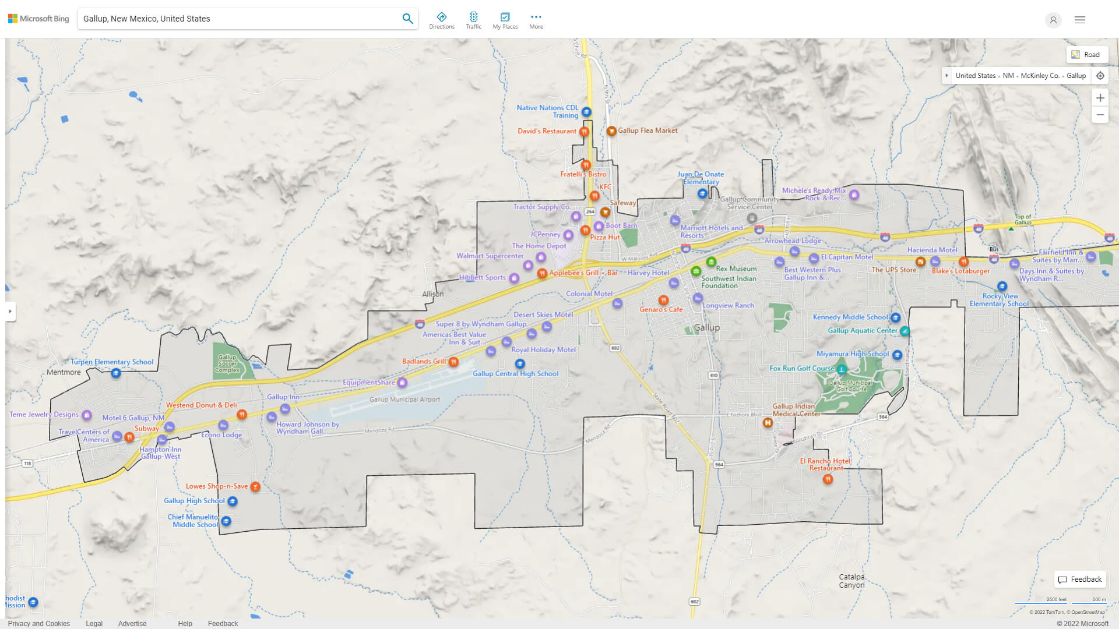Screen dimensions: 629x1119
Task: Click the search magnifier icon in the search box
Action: pos(407,19)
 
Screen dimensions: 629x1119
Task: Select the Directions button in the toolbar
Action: pos(442,20)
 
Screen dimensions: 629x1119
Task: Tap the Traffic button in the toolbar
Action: pos(473,20)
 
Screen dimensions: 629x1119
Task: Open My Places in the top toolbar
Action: pos(505,20)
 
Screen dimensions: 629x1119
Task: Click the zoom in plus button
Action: pos(1100,98)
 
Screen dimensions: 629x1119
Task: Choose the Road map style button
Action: pos(1086,55)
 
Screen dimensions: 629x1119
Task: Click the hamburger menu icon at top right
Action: pos(1079,20)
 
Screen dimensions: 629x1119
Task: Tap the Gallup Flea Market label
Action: pos(648,130)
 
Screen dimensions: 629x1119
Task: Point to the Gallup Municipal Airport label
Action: pos(404,400)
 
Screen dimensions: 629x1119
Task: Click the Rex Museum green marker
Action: pos(711,262)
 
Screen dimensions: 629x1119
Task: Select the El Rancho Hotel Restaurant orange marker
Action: pos(828,479)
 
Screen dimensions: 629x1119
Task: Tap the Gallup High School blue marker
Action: pos(233,501)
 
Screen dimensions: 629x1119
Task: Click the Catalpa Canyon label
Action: pos(851,581)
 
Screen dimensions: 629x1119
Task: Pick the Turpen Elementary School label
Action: pos(112,362)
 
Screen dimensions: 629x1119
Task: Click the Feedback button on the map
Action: pos(1080,579)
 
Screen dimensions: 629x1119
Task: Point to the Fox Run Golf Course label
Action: pos(802,368)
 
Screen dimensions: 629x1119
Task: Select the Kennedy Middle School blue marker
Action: pos(896,317)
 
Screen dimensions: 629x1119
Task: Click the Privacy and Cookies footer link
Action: pos(38,623)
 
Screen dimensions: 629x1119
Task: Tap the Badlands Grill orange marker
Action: pos(453,362)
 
